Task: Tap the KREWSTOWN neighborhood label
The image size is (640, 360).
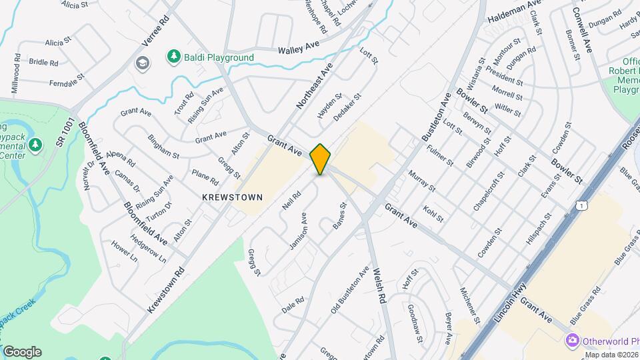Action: tap(233, 197)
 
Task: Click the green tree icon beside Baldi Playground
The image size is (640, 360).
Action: tap(174, 57)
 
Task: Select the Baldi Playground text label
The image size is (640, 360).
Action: tap(221, 57)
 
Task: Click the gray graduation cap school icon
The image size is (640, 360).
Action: tap(141, 63)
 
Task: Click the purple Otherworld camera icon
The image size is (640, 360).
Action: tap(572, 340)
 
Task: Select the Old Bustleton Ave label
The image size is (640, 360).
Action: tap(350, 291)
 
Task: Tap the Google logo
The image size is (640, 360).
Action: tap(22, 351)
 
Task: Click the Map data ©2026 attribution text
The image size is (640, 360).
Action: tap(611, 355)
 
